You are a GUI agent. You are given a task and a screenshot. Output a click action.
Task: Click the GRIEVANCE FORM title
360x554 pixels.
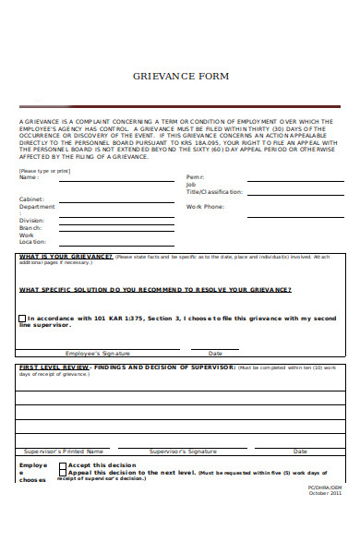(x=180, y=76)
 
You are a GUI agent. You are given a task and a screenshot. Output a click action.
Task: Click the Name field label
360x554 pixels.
(x=29, y=177)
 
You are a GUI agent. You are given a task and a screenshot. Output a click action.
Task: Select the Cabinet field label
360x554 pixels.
(x=31, y=199)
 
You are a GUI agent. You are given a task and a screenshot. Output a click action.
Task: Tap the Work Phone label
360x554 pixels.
(x=205, y=207)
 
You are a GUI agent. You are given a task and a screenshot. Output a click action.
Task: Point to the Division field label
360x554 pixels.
(x=31, y=222)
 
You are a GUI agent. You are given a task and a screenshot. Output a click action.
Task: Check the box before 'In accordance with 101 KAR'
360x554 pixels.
(x=22, y=319)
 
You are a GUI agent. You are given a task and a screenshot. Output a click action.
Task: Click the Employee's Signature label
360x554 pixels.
(x=98, y=353)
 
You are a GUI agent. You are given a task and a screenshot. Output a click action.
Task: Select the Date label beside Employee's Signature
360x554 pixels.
(x=215, y=353)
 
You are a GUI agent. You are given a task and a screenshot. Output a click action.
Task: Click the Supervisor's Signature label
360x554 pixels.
(x=183, y=452)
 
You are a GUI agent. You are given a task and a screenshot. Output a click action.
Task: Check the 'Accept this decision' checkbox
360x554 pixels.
(x=63, y=466)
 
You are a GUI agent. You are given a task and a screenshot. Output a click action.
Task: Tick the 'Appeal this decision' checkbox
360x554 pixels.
(x=63, y=474)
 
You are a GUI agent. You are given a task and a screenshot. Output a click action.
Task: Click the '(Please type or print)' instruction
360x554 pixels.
(x=44, y=171)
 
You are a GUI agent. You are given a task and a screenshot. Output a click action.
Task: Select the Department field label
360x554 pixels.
(x=37, y=207)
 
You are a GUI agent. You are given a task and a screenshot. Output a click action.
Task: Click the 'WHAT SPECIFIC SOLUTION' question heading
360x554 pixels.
(x=155, y=289)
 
